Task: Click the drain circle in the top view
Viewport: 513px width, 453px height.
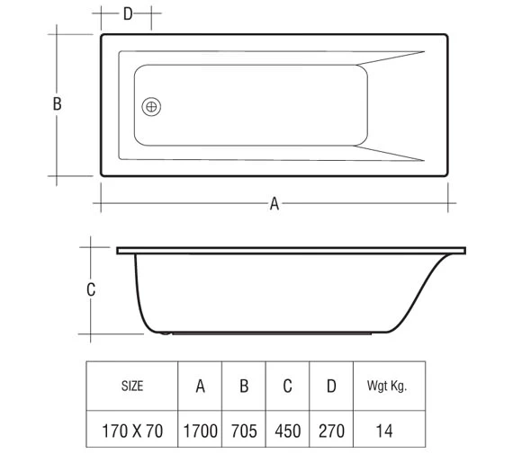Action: [x=152, y=106]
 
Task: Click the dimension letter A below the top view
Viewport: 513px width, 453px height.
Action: [x=274, y=204]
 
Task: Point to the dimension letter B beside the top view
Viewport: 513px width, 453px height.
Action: [x=57, y=104]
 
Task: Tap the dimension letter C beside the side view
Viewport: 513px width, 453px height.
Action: [x=91, y=289]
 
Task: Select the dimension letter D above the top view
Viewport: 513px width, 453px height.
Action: [x=127, y=13]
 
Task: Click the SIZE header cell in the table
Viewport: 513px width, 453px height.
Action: [x=131, y=386]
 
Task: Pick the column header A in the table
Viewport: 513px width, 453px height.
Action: [x=200, y=386]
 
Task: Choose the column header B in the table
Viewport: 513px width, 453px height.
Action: [x=243, y=386]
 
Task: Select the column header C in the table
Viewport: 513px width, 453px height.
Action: [x=287, y=386]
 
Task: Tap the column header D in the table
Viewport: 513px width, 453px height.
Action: [x=330, y=386]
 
